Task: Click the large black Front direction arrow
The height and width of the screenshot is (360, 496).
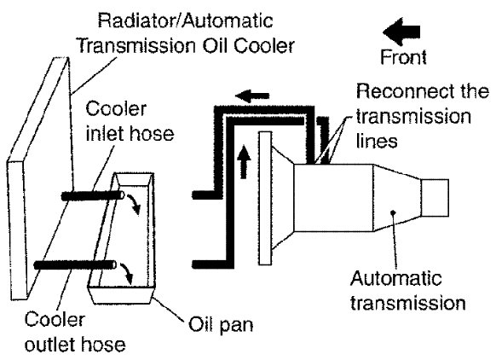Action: (x=401, y=32)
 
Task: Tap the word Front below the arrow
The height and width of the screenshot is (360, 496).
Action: (x=403, y=57)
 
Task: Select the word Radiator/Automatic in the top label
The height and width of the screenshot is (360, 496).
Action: (x=185, y=20)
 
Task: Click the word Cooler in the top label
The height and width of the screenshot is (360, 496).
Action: (x=264, y=46)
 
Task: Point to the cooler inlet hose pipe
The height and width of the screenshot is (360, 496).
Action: (x=93, y=196)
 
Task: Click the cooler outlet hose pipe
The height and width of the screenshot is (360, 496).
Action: (x=75, y=264)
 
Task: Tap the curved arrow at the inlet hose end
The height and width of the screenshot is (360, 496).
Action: (x=134, y=204)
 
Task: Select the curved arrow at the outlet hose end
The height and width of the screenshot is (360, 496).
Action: (x=126, y=274)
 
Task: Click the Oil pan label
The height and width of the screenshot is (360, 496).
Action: (x=221, y=325)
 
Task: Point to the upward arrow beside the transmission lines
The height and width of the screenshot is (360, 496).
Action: (x=243, y=161)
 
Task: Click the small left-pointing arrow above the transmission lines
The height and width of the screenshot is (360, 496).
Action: (x=252, y=96)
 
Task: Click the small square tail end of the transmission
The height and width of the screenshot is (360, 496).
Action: (x=435, y=198)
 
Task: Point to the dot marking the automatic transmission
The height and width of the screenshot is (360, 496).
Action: (x=393, y=212)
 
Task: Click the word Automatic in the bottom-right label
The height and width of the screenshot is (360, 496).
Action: (x=395, y=279)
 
